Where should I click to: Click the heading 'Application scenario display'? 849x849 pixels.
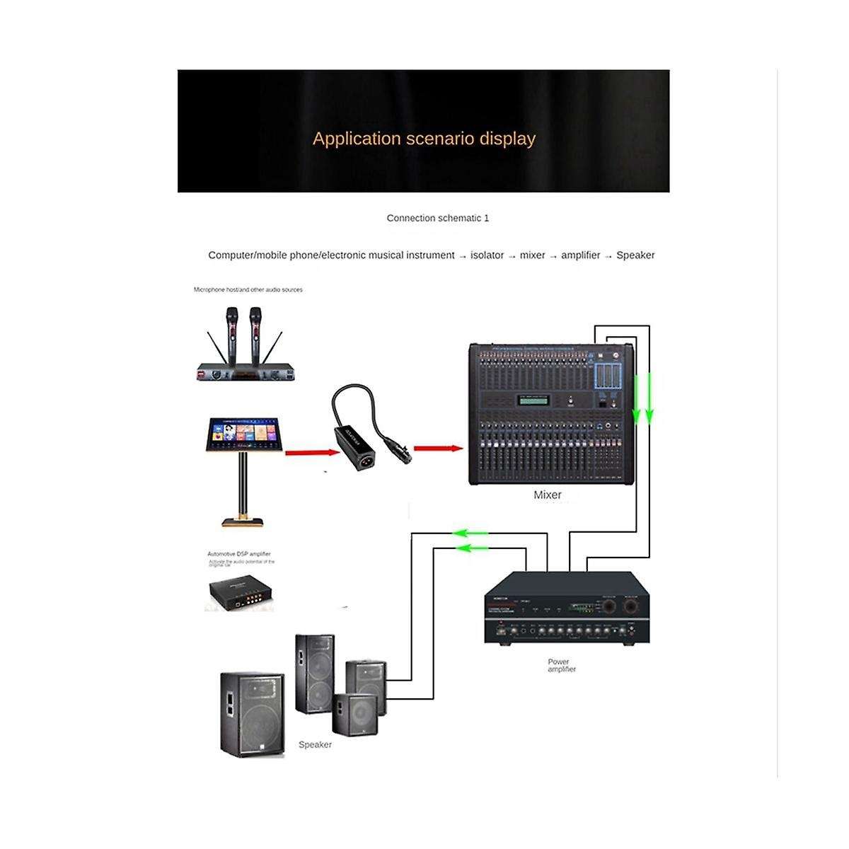pos(424,138)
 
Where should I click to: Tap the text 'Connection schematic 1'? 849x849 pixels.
pos(437,218)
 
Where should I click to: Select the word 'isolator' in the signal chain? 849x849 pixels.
pos(487,255)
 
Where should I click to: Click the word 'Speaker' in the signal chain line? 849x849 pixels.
pos(635,255)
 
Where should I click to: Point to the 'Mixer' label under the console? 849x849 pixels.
pos(547,495)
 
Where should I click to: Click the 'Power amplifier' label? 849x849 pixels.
pos(562,666)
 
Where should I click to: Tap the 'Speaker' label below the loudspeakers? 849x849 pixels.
pos(315,744)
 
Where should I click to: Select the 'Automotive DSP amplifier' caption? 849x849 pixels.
pos(239,554)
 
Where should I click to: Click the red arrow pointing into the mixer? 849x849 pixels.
pos(437,448)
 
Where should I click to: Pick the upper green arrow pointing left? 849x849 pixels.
pos(472,533)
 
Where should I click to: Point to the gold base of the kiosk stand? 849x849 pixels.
pos(243,522)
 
